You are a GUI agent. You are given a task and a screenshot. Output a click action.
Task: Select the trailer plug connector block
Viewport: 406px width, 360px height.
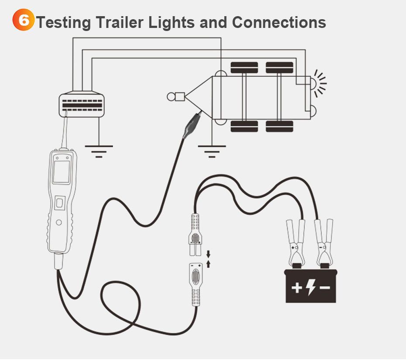83,104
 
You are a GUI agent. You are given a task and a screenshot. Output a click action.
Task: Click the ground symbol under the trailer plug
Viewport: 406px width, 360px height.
99,151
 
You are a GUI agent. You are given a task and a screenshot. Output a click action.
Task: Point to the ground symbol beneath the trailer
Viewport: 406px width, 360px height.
212,151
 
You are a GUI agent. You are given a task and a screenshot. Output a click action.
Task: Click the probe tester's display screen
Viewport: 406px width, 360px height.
61,172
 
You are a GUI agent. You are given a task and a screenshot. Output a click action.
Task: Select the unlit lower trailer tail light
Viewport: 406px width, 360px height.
313,112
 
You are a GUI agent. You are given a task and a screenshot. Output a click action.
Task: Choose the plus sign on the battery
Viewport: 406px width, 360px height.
296,288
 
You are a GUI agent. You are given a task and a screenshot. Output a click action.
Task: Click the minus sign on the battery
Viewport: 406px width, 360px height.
325,288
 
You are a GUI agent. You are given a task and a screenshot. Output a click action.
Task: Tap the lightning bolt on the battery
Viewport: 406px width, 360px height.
310,287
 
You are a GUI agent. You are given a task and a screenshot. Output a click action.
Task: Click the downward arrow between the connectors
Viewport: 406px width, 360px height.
208,254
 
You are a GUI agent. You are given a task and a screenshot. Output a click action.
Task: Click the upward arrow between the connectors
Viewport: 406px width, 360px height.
208,263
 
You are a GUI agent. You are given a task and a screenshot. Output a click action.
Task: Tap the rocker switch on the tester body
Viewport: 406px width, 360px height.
60,203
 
